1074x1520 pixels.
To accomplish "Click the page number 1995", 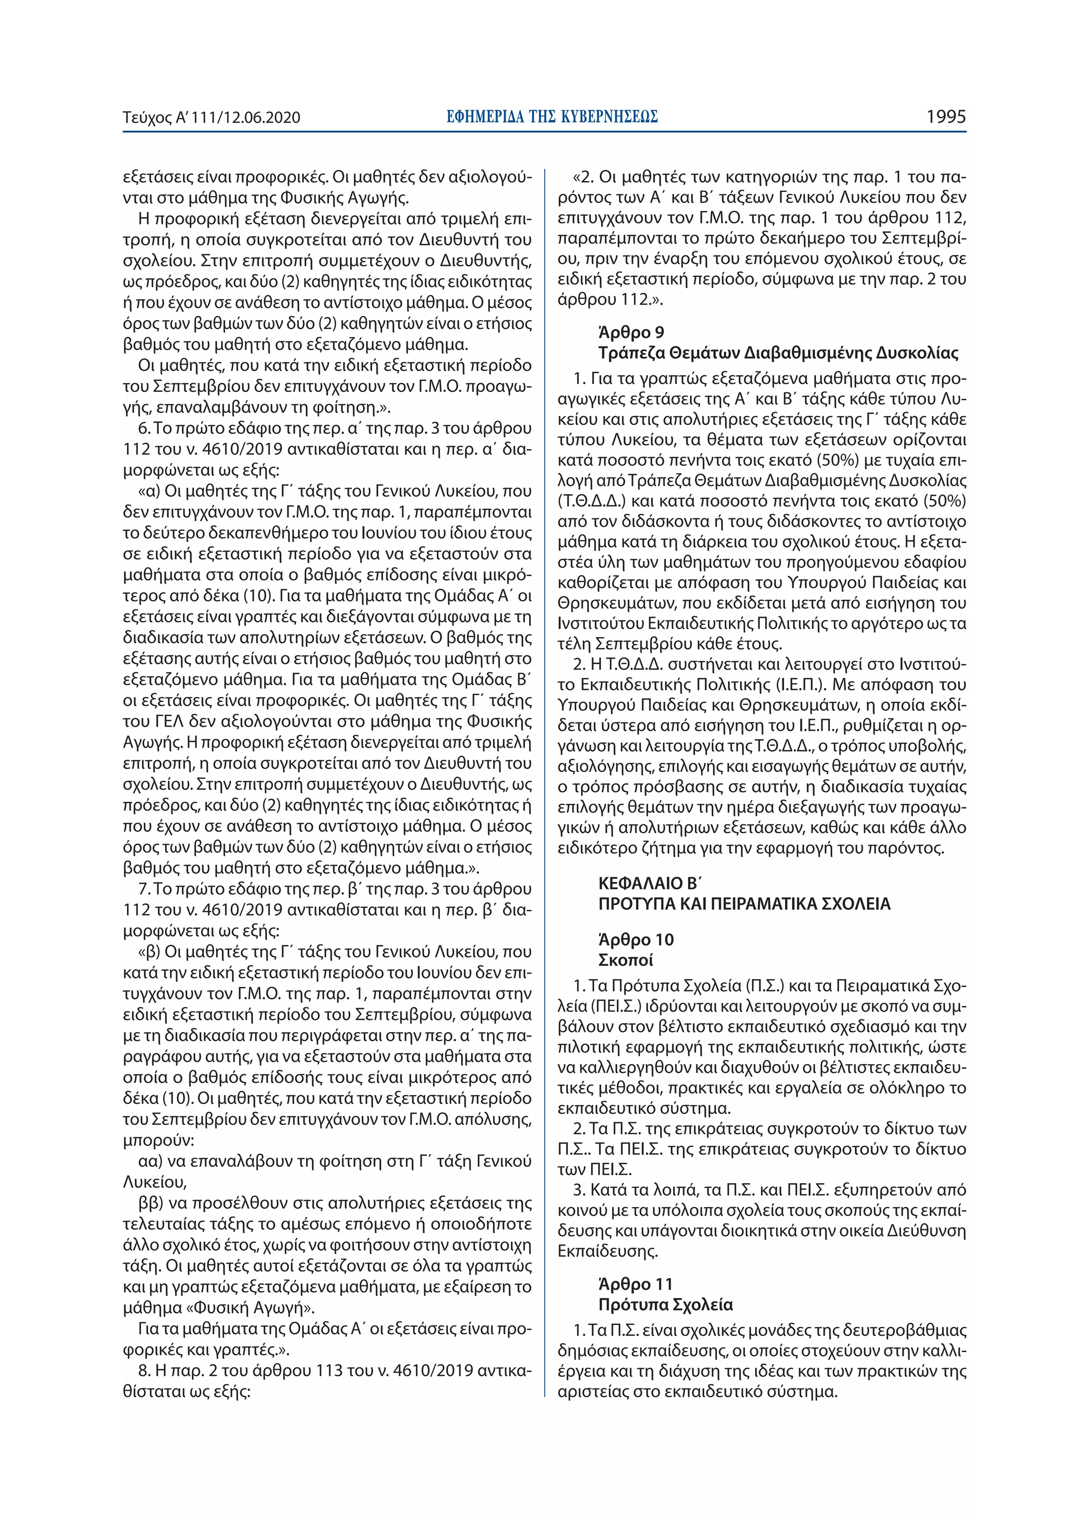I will point(946,117).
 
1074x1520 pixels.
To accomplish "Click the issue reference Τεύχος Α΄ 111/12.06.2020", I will point(211,118).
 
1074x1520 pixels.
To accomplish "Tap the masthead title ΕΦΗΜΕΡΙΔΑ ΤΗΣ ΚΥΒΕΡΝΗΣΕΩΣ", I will point(551,117).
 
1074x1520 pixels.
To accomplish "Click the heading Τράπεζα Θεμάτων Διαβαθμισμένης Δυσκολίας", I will point(778,353).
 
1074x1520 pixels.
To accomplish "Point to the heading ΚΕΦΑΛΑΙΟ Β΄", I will point(649,883).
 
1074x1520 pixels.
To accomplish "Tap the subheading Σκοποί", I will point(625,960).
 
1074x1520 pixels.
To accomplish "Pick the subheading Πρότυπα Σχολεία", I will point(665,1305).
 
